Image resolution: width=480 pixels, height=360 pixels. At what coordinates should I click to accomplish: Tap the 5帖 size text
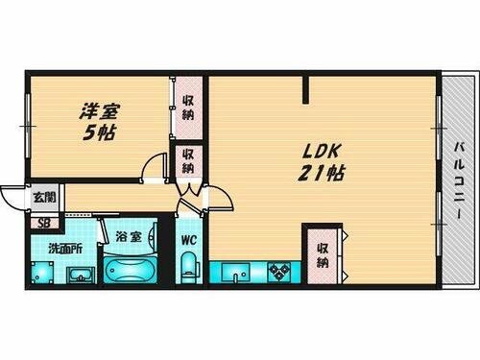pyautogui.click(x=100, y=134)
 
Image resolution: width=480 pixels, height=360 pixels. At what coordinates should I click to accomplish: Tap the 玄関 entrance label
pyautogui.click(x=44, y=199)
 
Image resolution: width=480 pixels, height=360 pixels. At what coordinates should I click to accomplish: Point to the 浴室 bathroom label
pyautogui.click(x=129, y=234)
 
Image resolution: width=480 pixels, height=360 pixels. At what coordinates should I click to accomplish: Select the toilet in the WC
pyautogui.click(x=189, y=268)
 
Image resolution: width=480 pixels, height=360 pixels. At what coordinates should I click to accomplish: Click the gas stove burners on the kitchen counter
pyautogui.click(x=281, y=272)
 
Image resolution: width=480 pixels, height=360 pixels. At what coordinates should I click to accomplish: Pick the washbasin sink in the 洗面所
pyautogui.click(x=79, y=273)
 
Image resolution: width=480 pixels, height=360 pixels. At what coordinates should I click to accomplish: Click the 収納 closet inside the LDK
pyautogui.click(x=324, y=254)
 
